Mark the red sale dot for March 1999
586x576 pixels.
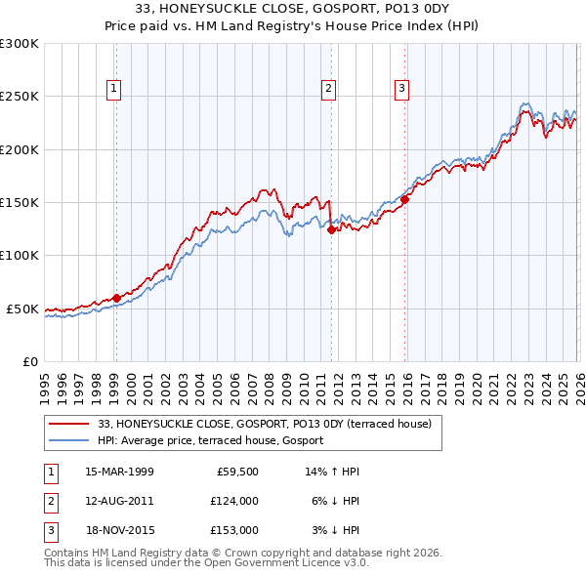point(116,298)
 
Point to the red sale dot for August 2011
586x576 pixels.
point(331,230)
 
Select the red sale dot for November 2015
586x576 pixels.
point(404,199)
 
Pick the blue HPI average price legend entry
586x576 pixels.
point(215,441)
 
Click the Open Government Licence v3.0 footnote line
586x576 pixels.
point(206,563)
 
